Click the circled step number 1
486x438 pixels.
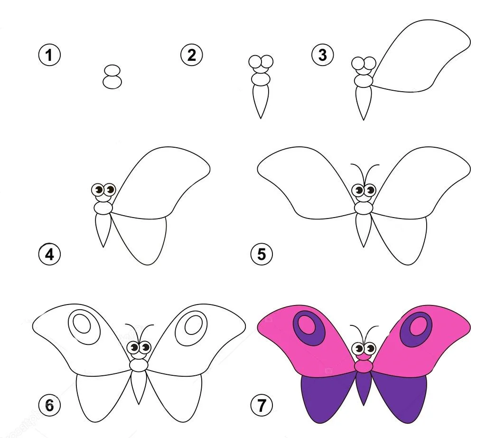pyautogui.click(x=49, y=55)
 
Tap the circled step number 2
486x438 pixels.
pyautogui.click(x=192, y=55)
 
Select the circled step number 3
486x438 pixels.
pyautogui.click(x=323, y=55)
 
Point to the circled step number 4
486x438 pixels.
pyautogui.click(x=49, y=255)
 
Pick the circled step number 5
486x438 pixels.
pyautogui.click(x=262, y=255)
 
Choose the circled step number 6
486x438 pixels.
pyautogui.click(x=49, y=405)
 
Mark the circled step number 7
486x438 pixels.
pyautogui.click(x=262, y=405)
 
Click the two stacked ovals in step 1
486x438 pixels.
pyautogui.click(x=112, y=77)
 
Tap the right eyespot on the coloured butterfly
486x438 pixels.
pyautogui.click(x=416, y=329)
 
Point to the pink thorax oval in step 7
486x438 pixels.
pyautogui.click(x=364, y=366)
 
